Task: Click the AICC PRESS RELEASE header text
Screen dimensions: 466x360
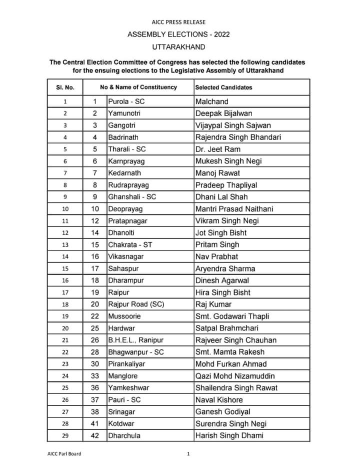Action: pos(178,22)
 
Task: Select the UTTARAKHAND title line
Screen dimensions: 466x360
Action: pos(178,47)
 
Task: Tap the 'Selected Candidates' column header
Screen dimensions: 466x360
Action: pos(223,87)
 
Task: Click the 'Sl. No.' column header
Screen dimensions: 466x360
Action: pos(65,87)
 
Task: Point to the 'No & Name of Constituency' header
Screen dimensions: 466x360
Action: pos(138,87)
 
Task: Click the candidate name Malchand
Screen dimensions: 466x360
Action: pos(211,101)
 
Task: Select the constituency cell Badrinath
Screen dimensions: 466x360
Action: pos(123,137)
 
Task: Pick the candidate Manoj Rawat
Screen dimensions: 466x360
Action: pos(217,173)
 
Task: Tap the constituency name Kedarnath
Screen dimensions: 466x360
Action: pos(124,173)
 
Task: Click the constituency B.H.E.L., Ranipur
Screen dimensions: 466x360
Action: pos(135,340)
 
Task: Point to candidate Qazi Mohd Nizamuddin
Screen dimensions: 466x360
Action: pos(235,376)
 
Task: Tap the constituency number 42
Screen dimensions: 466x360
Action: pos(95,435)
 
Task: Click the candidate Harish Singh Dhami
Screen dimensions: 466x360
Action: pos(230,435)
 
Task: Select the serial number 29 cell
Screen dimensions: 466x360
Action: pos(65,435)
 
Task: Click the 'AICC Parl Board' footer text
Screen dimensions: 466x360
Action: pos(60,454)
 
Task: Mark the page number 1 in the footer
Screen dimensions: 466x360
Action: pos(188,454)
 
